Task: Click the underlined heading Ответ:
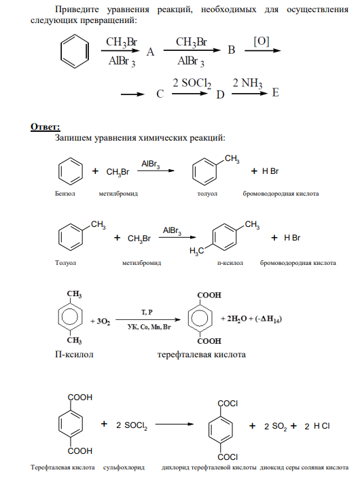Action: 46,126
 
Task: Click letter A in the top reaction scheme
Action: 150,52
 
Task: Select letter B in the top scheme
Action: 232,50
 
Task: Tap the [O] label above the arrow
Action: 262,41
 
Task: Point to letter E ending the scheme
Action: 275,92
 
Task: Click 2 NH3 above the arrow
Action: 247,83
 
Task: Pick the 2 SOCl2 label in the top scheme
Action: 192,83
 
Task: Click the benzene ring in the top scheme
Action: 75,51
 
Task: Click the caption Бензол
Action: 65,194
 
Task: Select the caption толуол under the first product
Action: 207,194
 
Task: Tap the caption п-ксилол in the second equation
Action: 230,263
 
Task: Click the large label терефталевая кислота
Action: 202,355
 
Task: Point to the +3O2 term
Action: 101,321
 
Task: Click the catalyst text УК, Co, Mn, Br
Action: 149,327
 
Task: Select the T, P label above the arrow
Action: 147,313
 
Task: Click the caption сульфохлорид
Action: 124,468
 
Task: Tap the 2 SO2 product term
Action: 275,426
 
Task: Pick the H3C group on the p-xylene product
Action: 196,251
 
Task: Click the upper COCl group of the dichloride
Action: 228,403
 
